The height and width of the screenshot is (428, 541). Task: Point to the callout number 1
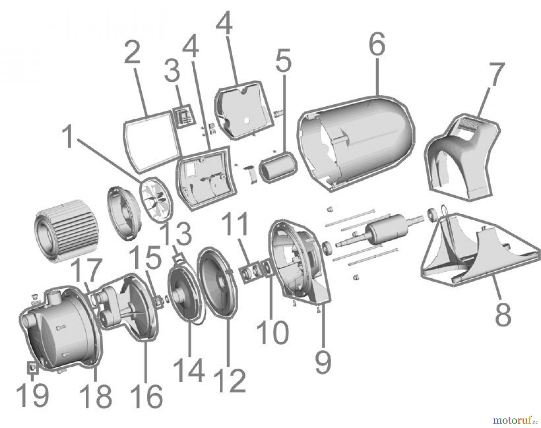(69, 138)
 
